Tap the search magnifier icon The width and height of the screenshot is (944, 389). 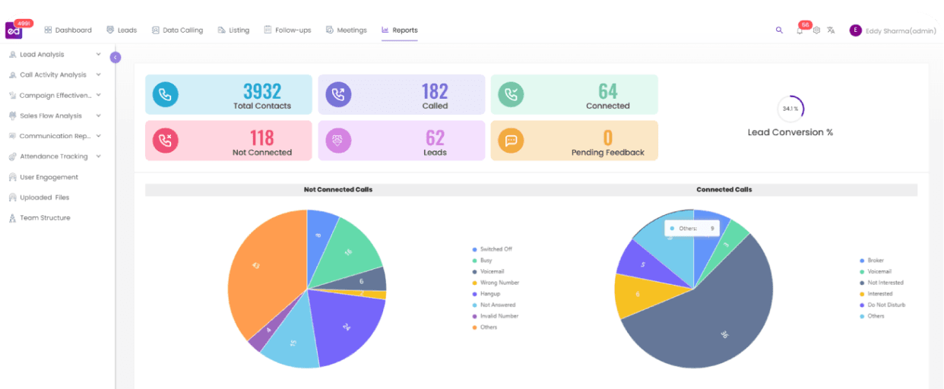coord(779,30)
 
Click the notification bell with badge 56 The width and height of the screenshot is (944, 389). coord(800,30)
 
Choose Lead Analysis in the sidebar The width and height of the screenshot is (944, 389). coord(42,55)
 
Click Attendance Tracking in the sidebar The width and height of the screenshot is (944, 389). coord(53,157)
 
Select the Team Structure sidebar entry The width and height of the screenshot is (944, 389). coord(45,218)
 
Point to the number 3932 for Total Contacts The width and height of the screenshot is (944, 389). coord(262,92)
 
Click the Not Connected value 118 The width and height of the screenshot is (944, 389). coord(262,138)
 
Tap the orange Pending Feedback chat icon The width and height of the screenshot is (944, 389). coord(511,141)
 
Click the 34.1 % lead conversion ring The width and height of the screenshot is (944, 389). coord(790,109)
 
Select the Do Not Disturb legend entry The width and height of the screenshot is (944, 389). coord(886,305)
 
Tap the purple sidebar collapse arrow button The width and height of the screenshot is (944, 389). coord(116,57)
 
